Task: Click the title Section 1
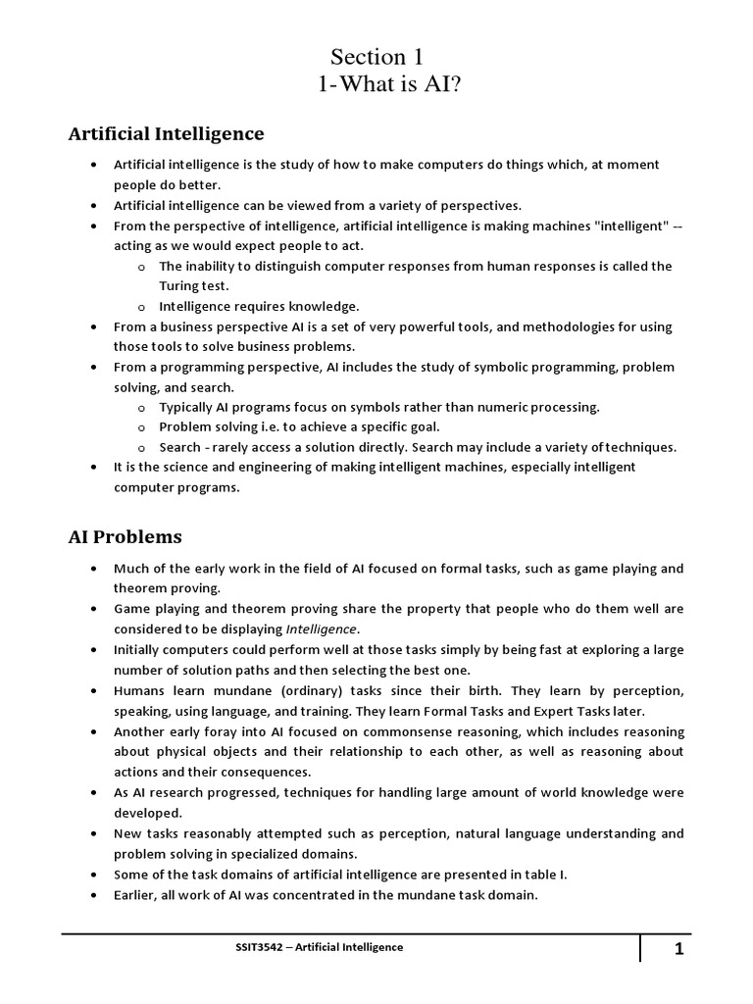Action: [x=376, y=57]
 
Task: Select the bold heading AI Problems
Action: [x=125, y=536]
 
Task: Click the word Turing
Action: [x=178, y=285]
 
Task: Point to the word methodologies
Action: [x=542, y=326]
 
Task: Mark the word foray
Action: [x=228, y=731]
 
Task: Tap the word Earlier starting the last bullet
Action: [x=137, y=894]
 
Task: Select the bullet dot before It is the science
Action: [x=92, y=467]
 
